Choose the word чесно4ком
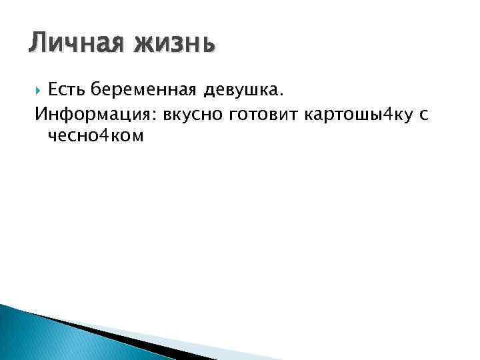96,136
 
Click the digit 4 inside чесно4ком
109,136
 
